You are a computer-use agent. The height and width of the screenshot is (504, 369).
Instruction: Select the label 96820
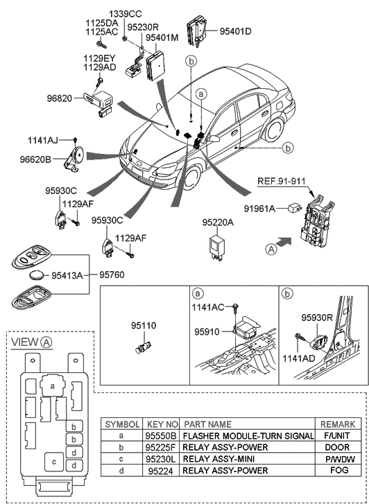tap(60, 98)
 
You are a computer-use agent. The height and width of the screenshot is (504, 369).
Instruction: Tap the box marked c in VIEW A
tap(53, 460)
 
